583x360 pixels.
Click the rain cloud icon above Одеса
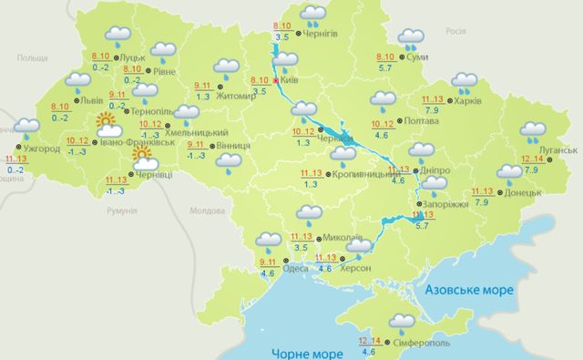(269, 241)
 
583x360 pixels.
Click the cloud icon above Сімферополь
(401, 321)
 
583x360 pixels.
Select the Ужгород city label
(41, 148)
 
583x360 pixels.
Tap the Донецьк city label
(523, 194)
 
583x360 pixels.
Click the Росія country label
(455, 30)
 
